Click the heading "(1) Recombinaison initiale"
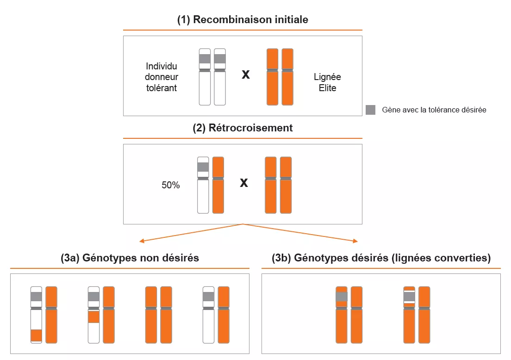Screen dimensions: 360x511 [x=243, y=20]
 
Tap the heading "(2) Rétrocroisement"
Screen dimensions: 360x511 [x=243, y=128]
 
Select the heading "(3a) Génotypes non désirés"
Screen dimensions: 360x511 [x=130, y=258]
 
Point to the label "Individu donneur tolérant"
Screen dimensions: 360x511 [x=161, y=77]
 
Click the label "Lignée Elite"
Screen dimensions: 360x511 [x=327, y=82]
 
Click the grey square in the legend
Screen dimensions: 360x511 [x=370, y=110]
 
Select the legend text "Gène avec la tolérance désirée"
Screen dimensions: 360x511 [x=434, y=110]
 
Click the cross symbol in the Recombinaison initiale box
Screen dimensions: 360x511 [x=246, y=74]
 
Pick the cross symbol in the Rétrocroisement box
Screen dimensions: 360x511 [x=243, y=183]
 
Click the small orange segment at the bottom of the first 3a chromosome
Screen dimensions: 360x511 [x=36, y=335]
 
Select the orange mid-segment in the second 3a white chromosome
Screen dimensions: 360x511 [x=93, y=317]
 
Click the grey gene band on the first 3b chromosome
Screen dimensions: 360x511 [x=342, y=297]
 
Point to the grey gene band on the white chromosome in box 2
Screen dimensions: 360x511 [x=203, y=167]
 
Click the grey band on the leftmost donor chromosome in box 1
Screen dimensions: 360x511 [x=205, y=59]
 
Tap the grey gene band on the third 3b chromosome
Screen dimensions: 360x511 [x=409, y=296]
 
